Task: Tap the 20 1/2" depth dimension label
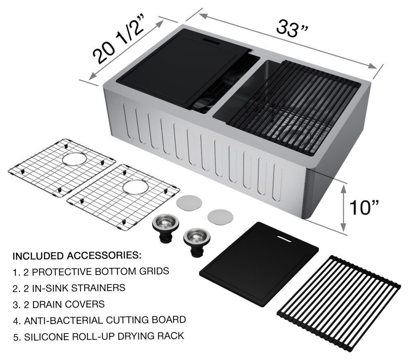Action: pos(119,42)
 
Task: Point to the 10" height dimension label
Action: pos(364,207)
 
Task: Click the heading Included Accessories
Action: pos(77,256)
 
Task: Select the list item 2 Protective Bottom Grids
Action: pos(91,272)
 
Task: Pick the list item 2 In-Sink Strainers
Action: pos(69,288)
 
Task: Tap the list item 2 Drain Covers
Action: pos(59,305)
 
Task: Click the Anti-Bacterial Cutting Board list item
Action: pos(100,320)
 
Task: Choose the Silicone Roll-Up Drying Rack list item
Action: pos(99,336)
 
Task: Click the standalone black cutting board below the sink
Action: pos(259,263)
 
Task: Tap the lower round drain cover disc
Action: pos(221,216)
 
